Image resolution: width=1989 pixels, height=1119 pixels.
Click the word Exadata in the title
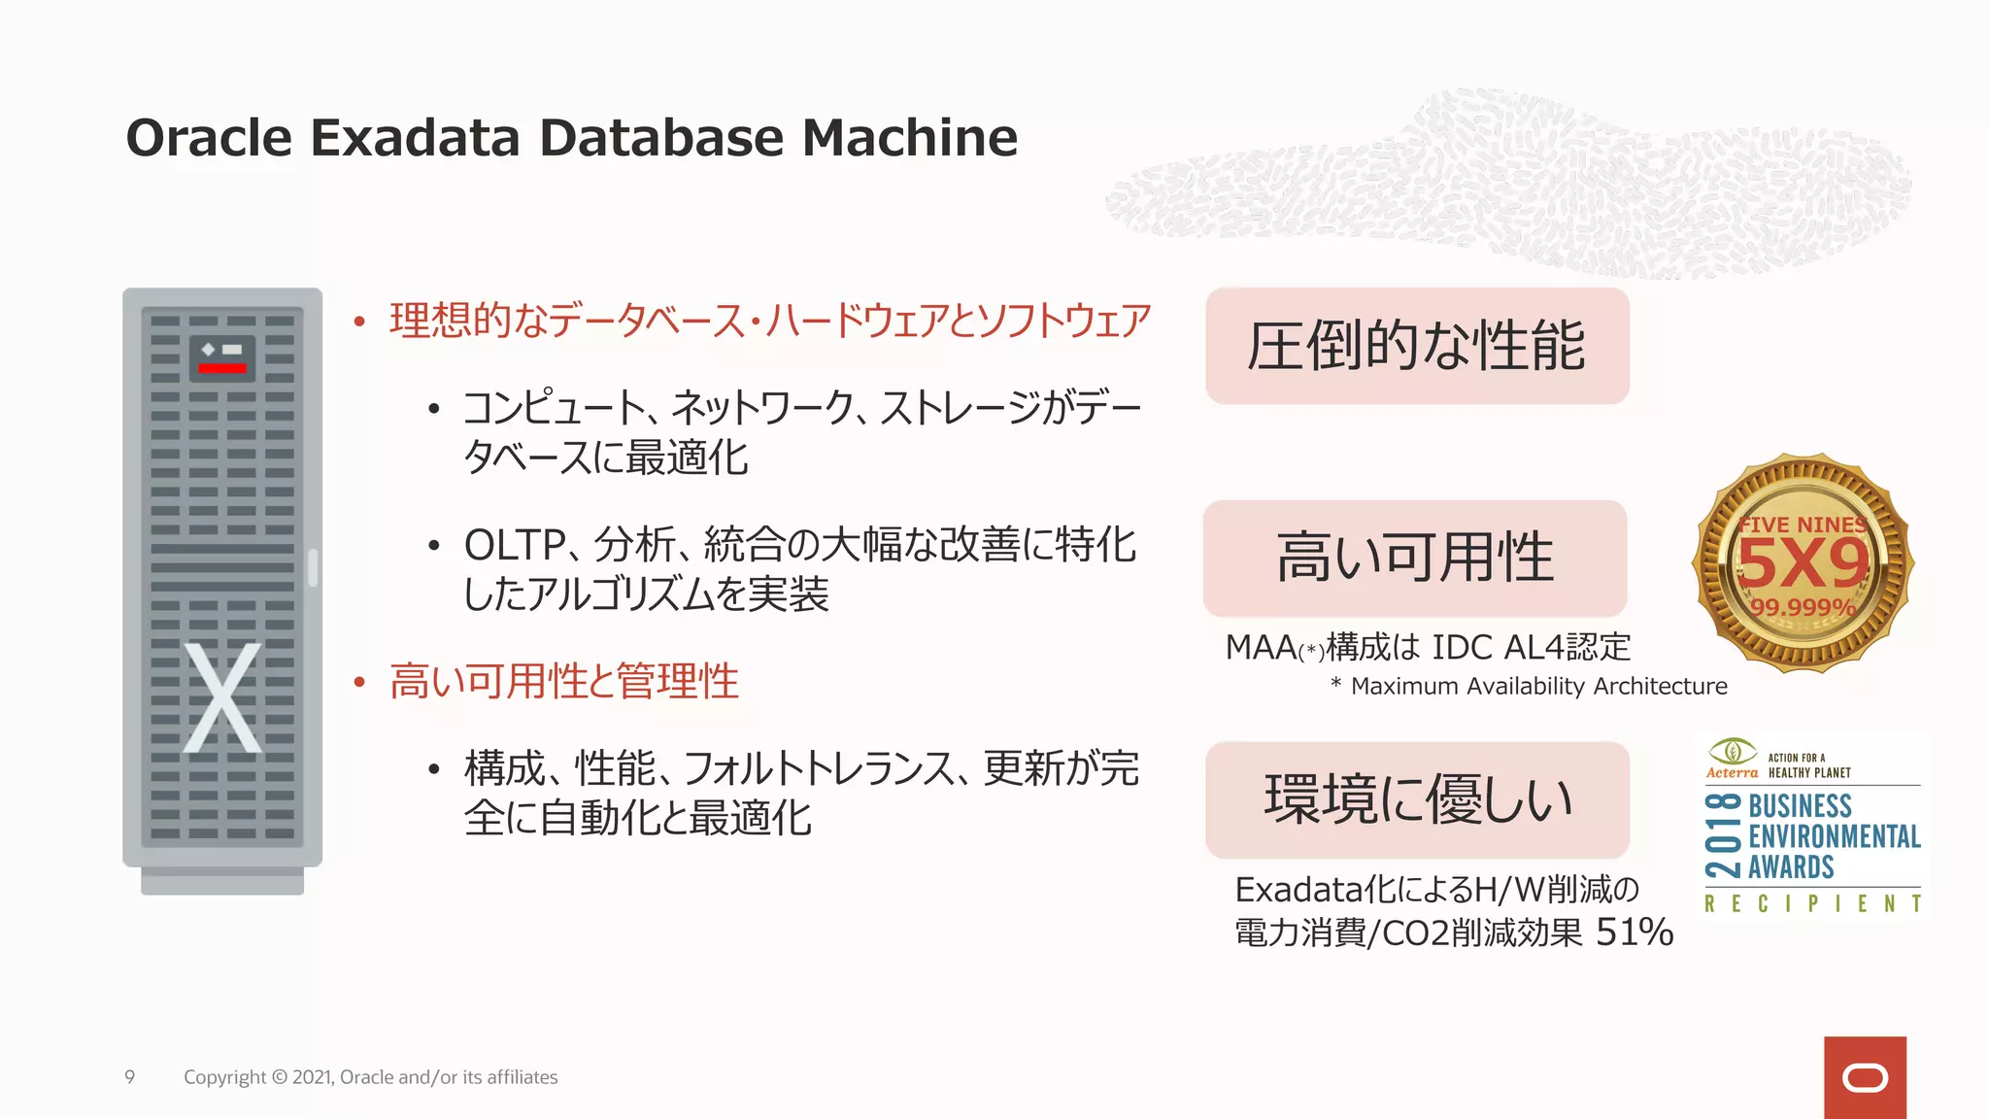(x=415, y=138)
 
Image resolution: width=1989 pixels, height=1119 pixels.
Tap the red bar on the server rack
(x=222, y=368)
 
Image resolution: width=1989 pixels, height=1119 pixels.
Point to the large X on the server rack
(x=222, y=697)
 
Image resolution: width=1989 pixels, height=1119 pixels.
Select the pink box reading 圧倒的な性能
(x=1417, y=346)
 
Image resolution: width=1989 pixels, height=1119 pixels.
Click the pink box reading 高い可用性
(x=1415, y=559)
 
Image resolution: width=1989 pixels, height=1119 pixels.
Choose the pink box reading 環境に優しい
(x=1417, y=799)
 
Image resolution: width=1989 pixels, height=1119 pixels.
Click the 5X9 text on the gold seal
(x=1803, y=563)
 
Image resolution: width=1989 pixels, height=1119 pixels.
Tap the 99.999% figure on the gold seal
(x=1803, y=608)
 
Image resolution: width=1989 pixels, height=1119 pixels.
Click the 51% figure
(x=1635, y=932)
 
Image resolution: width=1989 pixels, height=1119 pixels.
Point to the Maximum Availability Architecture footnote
(x=1538, y=687)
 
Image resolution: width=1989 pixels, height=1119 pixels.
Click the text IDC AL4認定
(x=1532, y=647)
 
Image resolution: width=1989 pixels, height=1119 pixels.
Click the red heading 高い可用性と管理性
(x=563, y=681)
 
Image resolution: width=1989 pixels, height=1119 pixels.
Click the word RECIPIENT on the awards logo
(x=1812, y=904)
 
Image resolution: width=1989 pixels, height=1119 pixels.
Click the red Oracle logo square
(x=1865, y=1077)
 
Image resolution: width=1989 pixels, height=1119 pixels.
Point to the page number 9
(x=129, y=1077)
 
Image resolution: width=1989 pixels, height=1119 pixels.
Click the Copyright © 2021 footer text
(x=370, y=1077)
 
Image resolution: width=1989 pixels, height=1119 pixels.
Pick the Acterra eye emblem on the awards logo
(x=1732, y=751)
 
